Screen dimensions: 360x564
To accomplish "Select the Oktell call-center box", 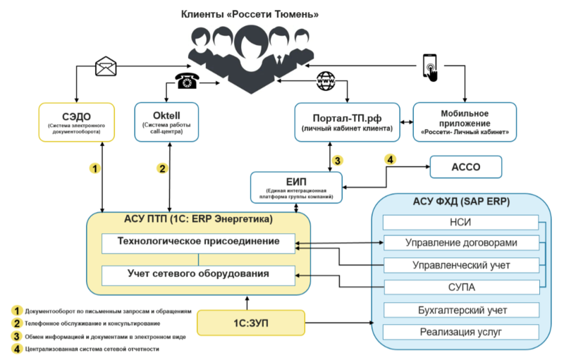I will (x=166, y=123).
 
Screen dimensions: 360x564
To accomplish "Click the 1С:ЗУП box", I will (x=246, y=323).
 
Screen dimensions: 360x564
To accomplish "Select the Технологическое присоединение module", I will (x=198, y=243).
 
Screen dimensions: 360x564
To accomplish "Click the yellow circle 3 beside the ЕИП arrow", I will (x=338, y=161).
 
